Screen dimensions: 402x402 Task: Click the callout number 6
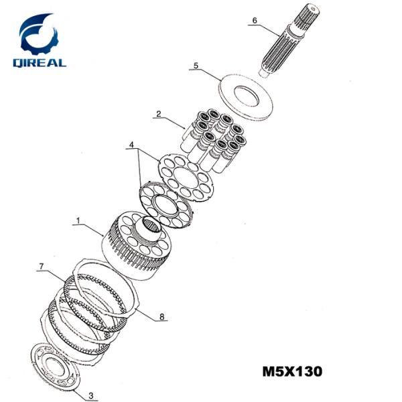pyautogui.click(x=254, y=21)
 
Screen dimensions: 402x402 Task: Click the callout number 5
pyautogui.click(x=196, y=66)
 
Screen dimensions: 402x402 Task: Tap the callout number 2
pyautogui.click(x=158, y=115)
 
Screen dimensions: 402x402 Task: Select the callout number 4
pyautogui.click(x=132, y=144)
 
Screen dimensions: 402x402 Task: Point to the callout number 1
pyautogui.click(x=78, y=221)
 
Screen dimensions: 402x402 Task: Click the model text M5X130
pyautogui.click(x=293, y=370)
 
